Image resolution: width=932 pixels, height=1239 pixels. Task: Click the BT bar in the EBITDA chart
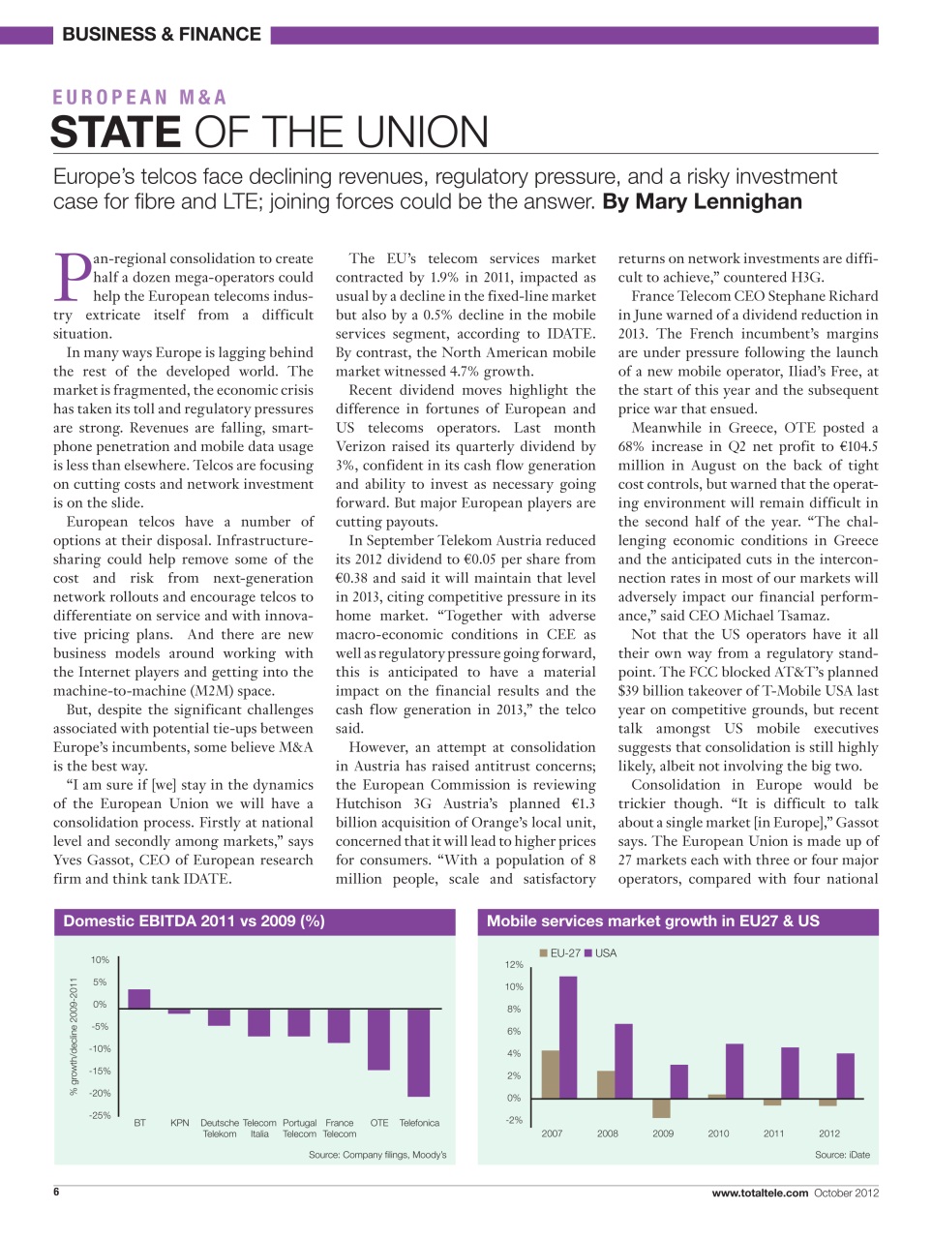coord(139,1000)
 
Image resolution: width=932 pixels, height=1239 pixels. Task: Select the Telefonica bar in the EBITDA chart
coord(418,1053)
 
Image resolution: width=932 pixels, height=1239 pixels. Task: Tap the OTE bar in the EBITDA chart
coord(378,1040)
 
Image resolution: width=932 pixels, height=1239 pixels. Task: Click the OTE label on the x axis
coord(379,1123)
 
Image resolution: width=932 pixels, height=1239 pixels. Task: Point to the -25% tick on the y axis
coord(100,1115)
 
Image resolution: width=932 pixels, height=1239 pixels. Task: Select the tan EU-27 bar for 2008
coord(606,1084)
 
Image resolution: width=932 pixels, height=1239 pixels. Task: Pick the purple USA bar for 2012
coord(845,1075)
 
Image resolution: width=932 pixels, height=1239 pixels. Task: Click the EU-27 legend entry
coord(560,953)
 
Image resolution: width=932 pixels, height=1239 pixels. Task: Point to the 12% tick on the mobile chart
coord(513,964)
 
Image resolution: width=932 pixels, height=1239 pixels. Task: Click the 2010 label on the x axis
coord(718,1133)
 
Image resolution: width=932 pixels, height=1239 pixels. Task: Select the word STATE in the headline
coord(115,133)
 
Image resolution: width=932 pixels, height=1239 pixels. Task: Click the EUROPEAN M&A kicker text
coord(140,98)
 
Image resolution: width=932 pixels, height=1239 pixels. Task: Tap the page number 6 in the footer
coord(56,1192)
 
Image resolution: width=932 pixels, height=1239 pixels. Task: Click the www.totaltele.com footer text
coord(760,1193)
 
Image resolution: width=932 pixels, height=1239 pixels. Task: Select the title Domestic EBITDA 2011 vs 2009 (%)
coord(194,922)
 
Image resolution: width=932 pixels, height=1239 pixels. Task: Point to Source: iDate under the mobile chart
coord(842,1155)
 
